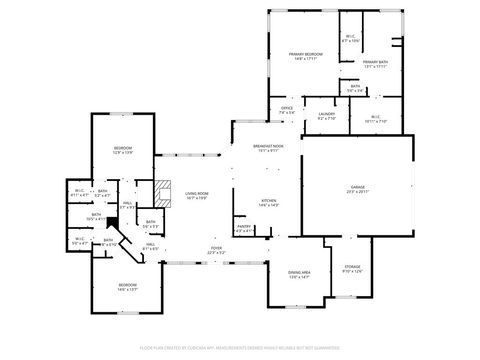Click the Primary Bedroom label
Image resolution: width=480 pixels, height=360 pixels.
305,54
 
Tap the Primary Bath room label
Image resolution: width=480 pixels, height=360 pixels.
375,63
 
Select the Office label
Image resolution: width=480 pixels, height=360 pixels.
286,108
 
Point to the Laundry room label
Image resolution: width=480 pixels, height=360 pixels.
326,115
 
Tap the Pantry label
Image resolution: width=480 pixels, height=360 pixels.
243,226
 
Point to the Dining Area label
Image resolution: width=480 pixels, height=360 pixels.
299,272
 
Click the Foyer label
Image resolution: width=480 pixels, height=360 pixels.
216,248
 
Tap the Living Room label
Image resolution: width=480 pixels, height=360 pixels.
195,193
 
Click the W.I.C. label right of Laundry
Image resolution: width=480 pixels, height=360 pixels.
375,117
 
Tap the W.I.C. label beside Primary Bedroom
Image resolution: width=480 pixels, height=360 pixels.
350,38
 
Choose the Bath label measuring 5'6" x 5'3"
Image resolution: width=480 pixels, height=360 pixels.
151,222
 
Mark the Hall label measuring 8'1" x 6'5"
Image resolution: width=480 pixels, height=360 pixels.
151,245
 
